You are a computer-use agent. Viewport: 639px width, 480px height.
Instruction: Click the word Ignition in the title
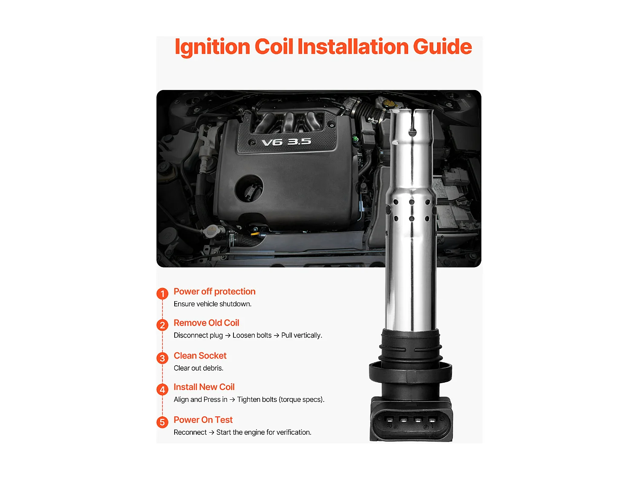click(212, 47)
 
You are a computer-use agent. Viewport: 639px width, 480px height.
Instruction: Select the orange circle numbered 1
click(162, 294)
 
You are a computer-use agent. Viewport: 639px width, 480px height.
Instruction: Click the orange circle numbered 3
click(162, 358)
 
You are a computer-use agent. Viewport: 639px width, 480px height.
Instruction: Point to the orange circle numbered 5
click(162, 422)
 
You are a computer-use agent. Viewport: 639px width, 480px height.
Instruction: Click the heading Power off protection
click(214, 291)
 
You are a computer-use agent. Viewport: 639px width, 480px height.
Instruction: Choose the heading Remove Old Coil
click(206, 323)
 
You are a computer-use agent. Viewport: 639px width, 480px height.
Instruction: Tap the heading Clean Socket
click(200, 356)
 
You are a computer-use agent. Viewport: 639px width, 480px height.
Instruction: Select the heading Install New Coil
click(204, 387)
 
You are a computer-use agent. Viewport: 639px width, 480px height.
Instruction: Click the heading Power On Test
click(203, 420)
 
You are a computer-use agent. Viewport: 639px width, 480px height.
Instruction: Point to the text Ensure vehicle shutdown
click(213, 304)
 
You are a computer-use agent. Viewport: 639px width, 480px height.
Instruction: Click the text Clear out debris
click(199, 368)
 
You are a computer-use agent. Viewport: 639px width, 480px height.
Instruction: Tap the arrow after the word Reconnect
click(212, 432)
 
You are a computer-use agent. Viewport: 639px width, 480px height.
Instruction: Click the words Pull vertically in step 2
click(302, 335)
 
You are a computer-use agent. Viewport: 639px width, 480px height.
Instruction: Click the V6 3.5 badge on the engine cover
click(286, 142)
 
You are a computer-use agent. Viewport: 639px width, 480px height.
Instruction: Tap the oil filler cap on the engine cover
click(249, 188)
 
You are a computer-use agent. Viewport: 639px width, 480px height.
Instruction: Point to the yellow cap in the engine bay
click(388, 104)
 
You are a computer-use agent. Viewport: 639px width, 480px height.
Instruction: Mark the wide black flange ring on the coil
click(410, 372)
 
